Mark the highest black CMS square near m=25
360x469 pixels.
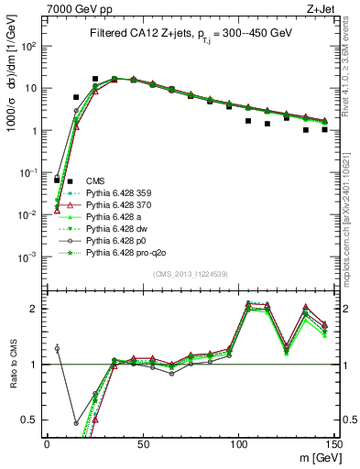95,79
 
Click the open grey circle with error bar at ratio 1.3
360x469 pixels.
58,348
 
